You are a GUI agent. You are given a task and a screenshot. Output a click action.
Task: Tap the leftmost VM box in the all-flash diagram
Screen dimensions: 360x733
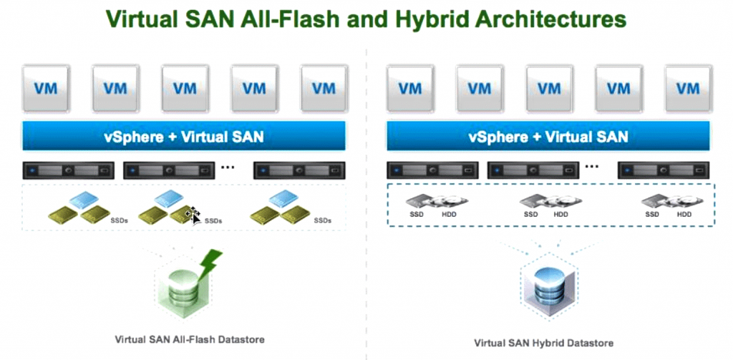point(45,89)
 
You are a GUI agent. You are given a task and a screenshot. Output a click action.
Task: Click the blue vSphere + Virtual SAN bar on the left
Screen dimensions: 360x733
point(184,135)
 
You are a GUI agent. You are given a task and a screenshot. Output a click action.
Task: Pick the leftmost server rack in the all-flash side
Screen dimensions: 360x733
point(69,171)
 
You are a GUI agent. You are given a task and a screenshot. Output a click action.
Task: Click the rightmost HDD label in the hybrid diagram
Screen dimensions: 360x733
point(684,215)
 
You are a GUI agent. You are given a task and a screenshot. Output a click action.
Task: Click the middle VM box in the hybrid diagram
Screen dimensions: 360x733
point(548,89)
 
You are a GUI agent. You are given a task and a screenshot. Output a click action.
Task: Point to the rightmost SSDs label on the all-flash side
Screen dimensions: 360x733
point(323,220)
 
